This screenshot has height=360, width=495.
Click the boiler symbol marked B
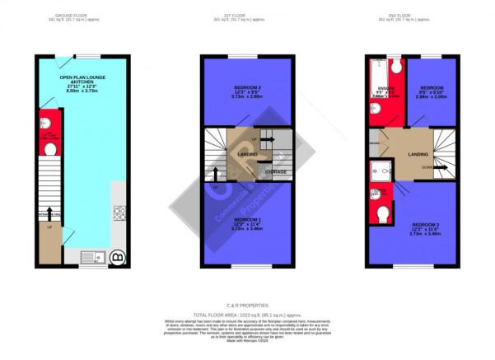click(118, 256)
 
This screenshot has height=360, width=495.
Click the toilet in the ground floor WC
click(48, 150)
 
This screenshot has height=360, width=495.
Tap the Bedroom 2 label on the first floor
click(246, 91)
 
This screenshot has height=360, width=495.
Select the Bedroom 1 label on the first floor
click(246, 223)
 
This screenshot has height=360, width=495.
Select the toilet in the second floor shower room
click(383, 213)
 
